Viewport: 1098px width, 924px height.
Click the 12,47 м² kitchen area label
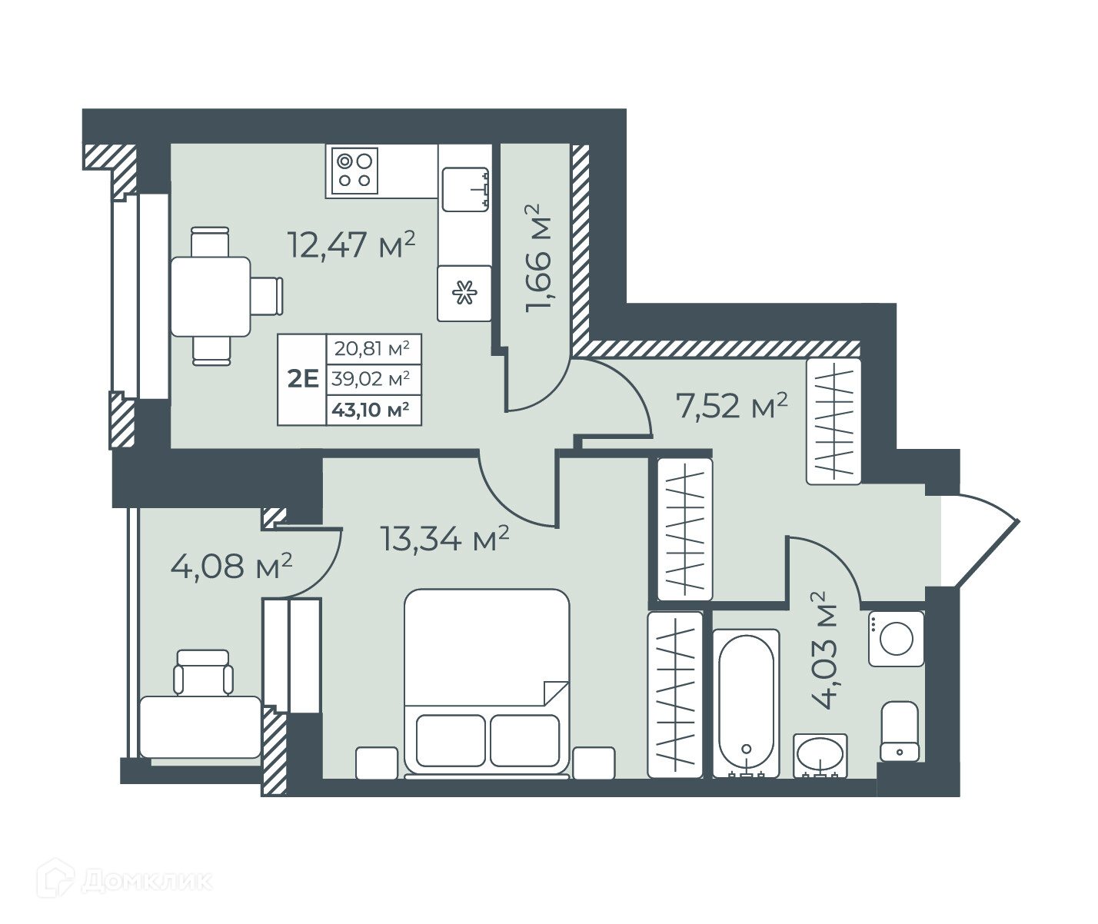(351, 244)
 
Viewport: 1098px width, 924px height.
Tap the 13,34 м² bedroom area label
(444, 539)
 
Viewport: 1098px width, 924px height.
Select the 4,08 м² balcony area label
(231, 566)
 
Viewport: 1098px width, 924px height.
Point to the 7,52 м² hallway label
(731, 405)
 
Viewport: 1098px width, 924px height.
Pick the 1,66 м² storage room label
(538, 258)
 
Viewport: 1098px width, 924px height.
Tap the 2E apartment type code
(303, 379)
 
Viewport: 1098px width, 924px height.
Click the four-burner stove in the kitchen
(354, 171)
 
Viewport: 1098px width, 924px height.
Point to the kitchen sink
(465, 189)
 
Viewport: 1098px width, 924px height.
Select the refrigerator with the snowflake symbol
(464, 293)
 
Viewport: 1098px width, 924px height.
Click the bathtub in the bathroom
(746, 703)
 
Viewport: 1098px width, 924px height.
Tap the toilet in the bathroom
(900, 731)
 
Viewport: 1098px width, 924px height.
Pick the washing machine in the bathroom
(896, 639)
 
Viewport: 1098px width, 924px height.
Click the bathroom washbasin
(820, 755)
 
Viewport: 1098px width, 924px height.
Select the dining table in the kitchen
(211, 297)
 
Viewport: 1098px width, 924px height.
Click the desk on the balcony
(201, 727)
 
